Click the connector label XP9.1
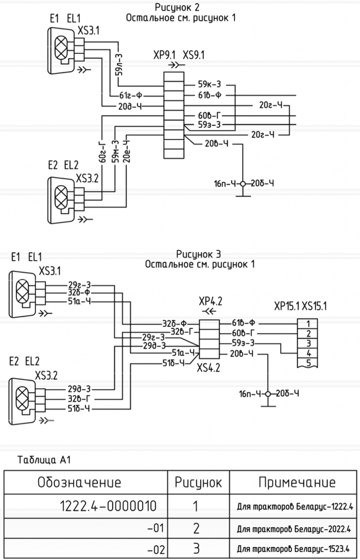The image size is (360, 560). click(165, 56)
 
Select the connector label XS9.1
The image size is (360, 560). click(193, 56)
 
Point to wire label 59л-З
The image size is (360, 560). click(119, 64)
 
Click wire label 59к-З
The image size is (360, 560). click(209, 85)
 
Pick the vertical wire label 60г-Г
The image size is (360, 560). click(102, 151)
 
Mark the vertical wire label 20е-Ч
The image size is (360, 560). click(126, 152)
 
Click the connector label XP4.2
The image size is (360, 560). click(211, 302)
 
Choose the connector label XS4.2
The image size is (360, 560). click(208, 367)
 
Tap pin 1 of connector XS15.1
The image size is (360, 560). click(307, 323)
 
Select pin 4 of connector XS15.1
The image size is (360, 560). click(307, 354)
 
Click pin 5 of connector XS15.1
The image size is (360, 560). click(307, 363)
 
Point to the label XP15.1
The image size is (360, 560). click(287, 307)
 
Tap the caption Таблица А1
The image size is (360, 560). click(44, 460)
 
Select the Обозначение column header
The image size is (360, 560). click(79, 483)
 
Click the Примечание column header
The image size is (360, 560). click(297, 483)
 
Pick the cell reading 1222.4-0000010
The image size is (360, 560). click(108, 506)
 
